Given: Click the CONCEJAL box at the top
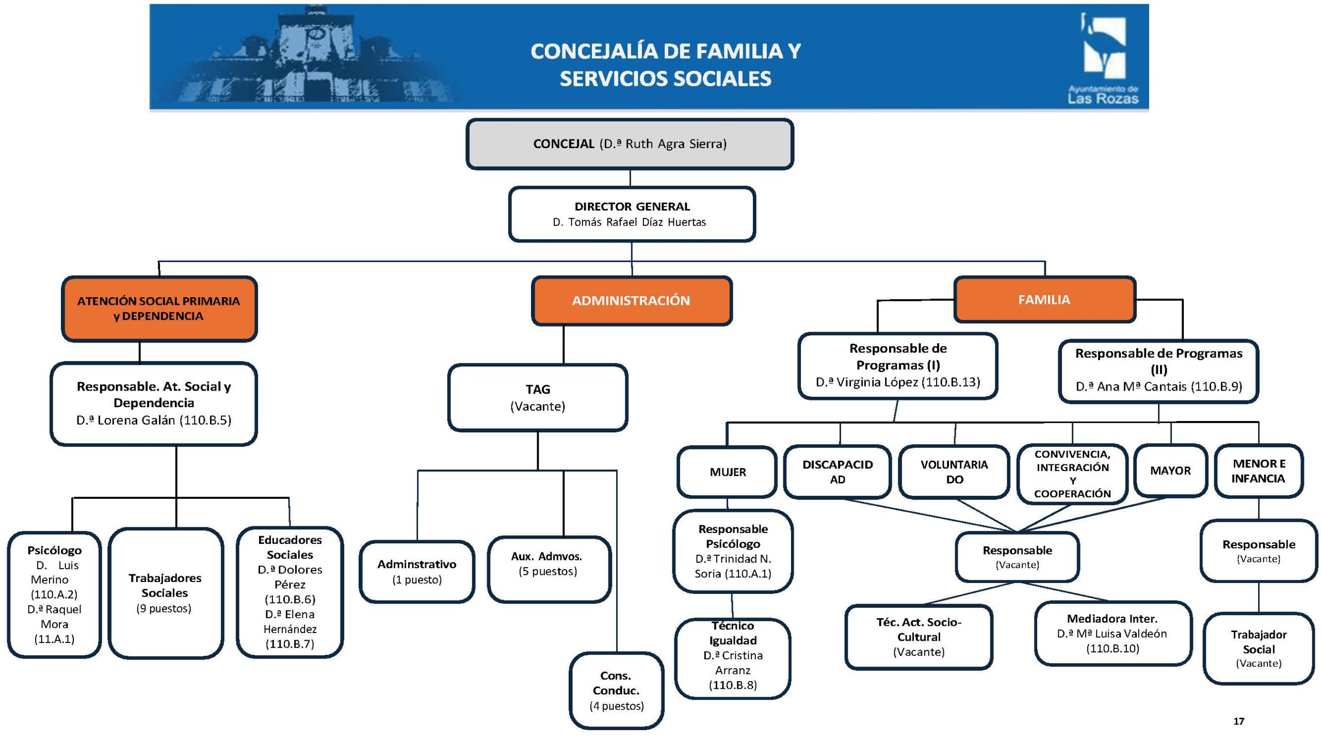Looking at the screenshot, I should (x=630, y=144).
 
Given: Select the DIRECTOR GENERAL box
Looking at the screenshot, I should (x=632, y=214).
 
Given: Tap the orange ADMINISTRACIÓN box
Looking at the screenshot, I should (x=631, y=301).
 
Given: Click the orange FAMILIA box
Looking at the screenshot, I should (x=1044, y=300).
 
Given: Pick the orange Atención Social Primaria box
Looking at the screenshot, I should (x=159, y=309).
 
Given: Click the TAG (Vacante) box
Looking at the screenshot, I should (x=538, y=397).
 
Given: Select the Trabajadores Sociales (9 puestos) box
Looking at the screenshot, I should (x=165, y=593).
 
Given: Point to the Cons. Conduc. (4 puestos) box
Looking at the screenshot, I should (x=616, y=690).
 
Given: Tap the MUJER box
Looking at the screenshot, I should (x=727, y=472).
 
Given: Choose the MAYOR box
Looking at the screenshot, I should (x=1170, y=471).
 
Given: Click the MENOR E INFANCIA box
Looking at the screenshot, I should (x=1258, y=471).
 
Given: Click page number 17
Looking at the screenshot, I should (x=1238, y=721).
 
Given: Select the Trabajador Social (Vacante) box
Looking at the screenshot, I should (x=1258, y=649).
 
